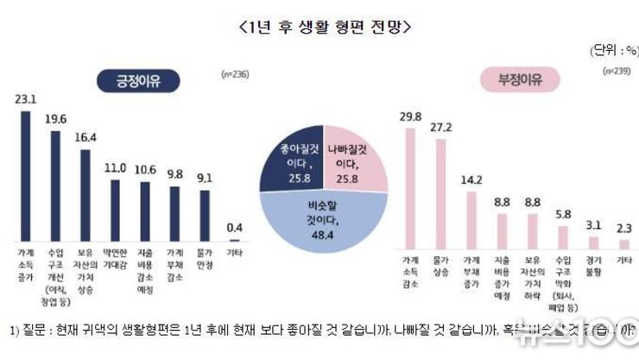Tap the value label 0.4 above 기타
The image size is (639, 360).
coord(234,227)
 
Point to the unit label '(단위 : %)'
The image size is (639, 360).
coord(614,49)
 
